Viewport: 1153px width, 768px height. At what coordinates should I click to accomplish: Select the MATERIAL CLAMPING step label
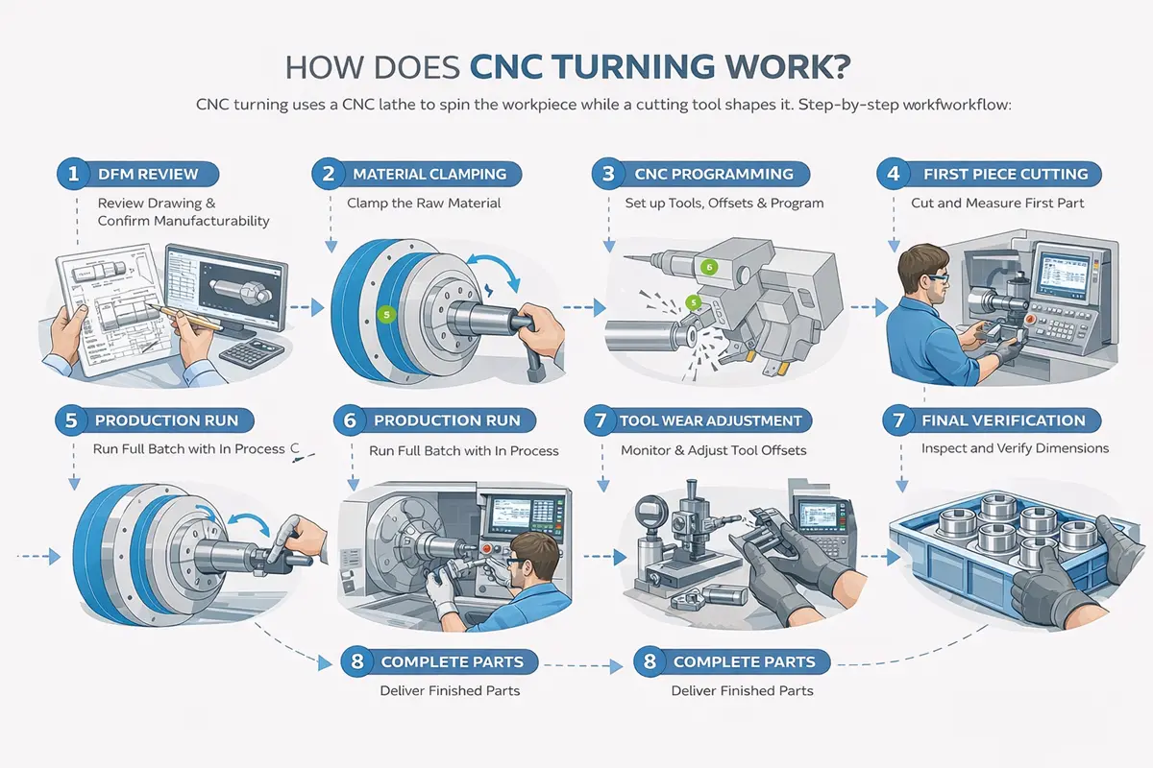(x=429, y=174)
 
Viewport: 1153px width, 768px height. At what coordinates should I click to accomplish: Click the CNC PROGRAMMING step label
(x=713, y=174)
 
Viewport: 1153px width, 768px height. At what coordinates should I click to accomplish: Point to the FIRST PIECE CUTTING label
(x=1004, y=174)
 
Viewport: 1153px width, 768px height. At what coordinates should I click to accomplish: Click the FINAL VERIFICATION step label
(x=1002, y=420)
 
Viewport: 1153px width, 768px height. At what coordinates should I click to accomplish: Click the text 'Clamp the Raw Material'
(x=424, y=203)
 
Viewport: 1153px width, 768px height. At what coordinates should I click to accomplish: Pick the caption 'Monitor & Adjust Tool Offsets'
(x=713, y=449)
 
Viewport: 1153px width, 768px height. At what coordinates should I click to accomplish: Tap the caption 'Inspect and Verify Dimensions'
(x=1015, y=448)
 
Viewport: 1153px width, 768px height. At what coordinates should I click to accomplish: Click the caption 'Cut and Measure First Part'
(x=996, y=203)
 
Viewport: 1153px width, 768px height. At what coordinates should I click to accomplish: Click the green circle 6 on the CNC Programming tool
(x=709, y=267)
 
